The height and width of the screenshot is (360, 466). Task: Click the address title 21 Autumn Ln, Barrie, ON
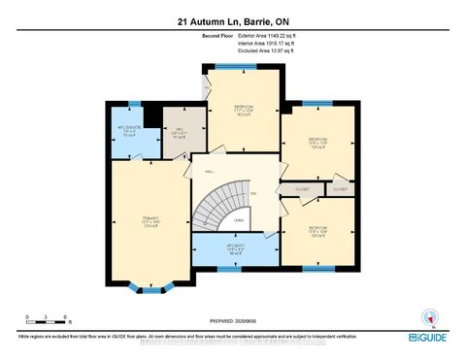click(232, 19)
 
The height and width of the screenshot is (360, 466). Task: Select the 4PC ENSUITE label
click(128, 132)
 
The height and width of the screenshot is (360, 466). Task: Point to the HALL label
click(209, 172)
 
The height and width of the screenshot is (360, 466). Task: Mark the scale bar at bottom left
click(47, 316)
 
